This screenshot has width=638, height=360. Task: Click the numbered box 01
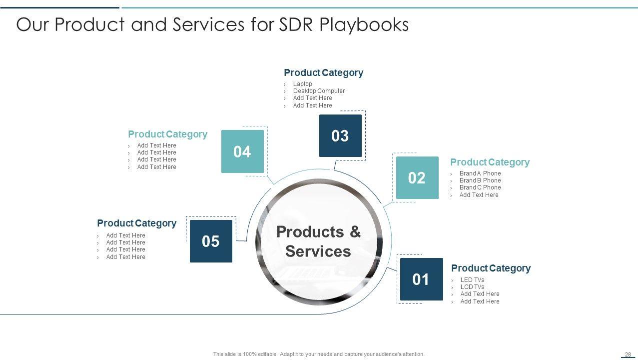[x=422, y=279]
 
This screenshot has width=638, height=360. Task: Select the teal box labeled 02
[x=417, y=177]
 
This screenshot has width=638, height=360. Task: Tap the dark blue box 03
[x=340, y=135]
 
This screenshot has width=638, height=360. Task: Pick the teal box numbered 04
[x=242, y=151]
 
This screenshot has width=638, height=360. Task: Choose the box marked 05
[x=211, y=241]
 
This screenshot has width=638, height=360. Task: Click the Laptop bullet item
[x=302, y=84]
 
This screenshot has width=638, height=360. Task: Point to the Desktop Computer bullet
[x=319, y=91]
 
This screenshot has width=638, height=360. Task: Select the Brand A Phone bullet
[x=480, y=173]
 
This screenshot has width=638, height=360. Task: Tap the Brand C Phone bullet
[x=480, y=187]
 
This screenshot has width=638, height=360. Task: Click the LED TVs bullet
[x=472, y=280]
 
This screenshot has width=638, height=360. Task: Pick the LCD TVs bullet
[x=472, y=286]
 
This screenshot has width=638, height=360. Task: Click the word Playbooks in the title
[x=364, y=24]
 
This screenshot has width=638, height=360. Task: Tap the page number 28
[x=628, y=354]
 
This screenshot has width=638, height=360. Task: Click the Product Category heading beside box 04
[x=167, y=134]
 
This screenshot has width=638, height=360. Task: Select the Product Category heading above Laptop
[x=324, y=72]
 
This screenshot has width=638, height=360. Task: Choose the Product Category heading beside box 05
[x=137, y=223]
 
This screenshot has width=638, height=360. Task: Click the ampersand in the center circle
[x=355, y=231]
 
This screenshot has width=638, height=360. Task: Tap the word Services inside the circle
[x=318, y=251]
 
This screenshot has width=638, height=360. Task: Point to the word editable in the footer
[x=267, y=354]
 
